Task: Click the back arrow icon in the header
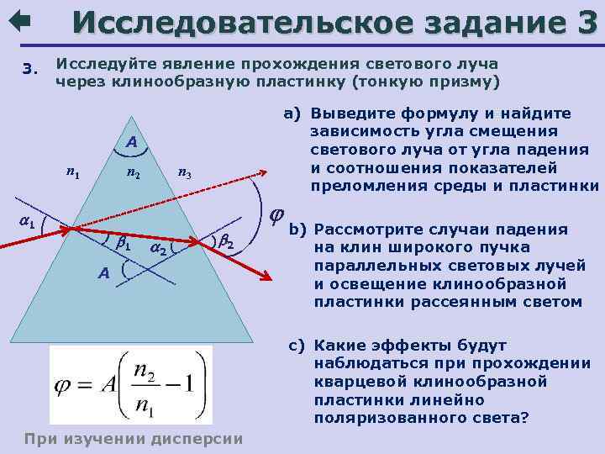tap(18, 19)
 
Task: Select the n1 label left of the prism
tap(73, 174)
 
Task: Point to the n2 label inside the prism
tap(133, 174)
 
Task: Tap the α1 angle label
tap(27, 222)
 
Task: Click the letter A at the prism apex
tap(132, 143)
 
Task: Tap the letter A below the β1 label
tap(103, 272)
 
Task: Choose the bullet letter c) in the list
tap(295, 345)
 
